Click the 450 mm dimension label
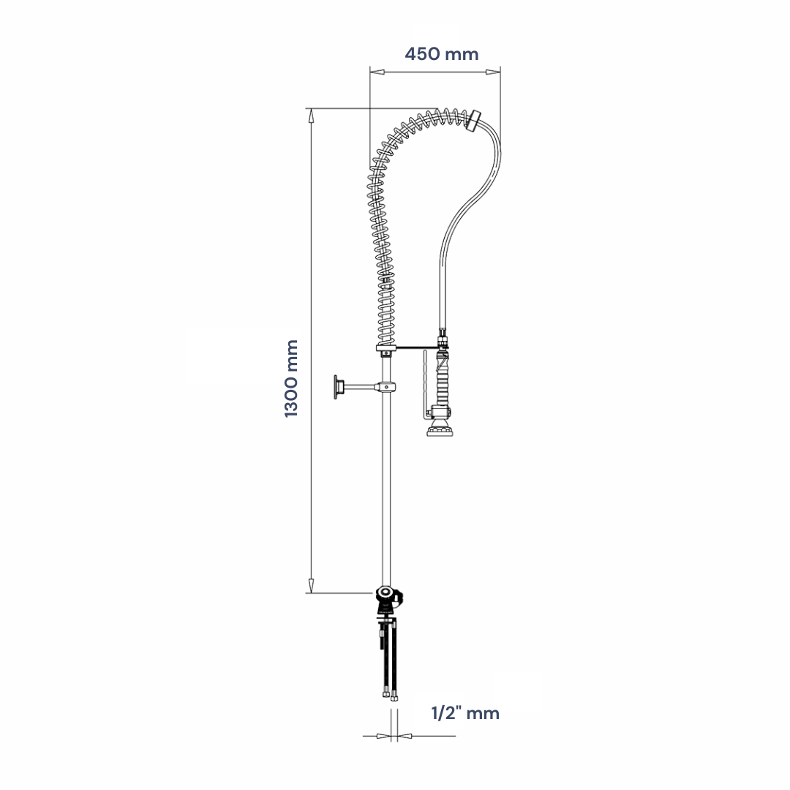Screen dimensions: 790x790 (441, 54)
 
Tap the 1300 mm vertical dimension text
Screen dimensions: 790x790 (291, 378)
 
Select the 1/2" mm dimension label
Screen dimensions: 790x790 (465, 713)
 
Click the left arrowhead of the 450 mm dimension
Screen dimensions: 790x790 (377, 72)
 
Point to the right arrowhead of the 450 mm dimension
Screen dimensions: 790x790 (493, 72)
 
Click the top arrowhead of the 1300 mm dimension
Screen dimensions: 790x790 (312, 116)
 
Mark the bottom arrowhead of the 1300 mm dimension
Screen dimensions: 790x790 (312, 586)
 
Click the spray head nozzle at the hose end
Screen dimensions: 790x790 (440, 431)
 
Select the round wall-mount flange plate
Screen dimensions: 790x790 (336, 387)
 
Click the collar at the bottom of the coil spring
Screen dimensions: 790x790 (386, 348)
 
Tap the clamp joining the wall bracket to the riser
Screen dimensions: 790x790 (385, 387)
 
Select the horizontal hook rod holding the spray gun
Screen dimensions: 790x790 (417, 347)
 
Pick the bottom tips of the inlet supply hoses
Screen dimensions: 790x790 (389, 697)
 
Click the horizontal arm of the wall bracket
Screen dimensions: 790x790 (357, 387)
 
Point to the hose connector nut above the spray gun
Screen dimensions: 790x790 (443, 339)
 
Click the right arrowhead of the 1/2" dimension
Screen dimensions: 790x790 (405, 736)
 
